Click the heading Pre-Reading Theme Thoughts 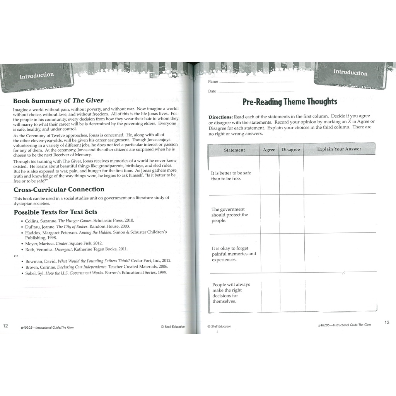coord(290,102)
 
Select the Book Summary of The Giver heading coord(58,101)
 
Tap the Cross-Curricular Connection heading coord(59,189)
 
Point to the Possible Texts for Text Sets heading coord(55,212)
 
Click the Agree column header coord(269,150)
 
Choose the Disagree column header coord(291,150)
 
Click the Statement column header coord(234,150)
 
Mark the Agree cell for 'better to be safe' coord(269,175)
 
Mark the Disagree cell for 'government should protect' coord(291,215)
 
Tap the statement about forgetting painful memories coord(234,254)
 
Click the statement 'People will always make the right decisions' coord(231,293)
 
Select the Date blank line coord(255,92)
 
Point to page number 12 coord(5,325)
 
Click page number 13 coord(387,323)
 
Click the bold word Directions coord(221,117)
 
